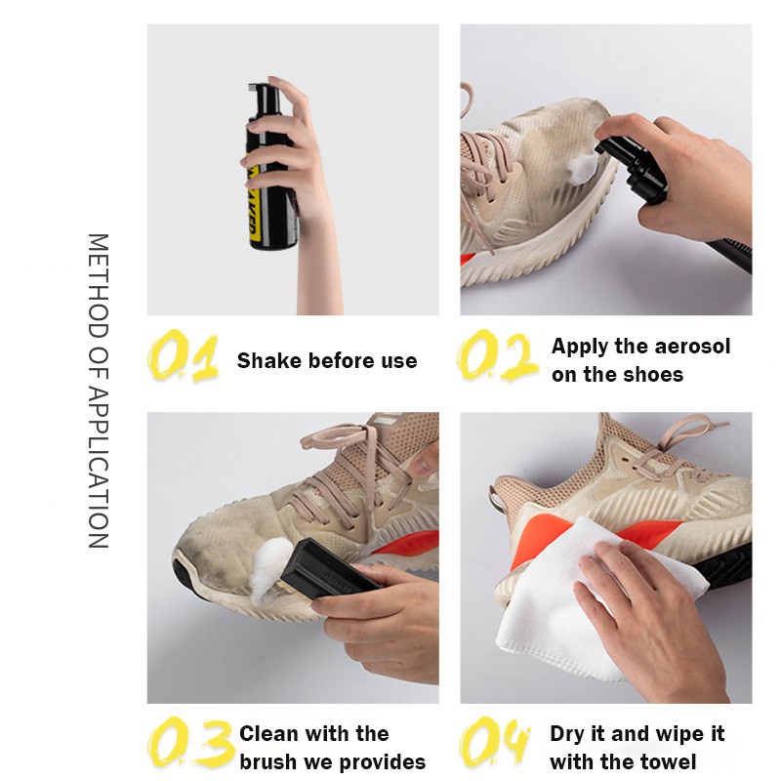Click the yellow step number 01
(184, 355)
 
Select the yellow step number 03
(190, 743)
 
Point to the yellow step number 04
(494, 742)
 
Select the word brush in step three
(267, 762)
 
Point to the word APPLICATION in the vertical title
(99, 469)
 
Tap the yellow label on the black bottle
(254, 204)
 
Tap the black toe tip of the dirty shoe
(182, 578)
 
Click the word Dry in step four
(567, 735)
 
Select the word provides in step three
(382, 762)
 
